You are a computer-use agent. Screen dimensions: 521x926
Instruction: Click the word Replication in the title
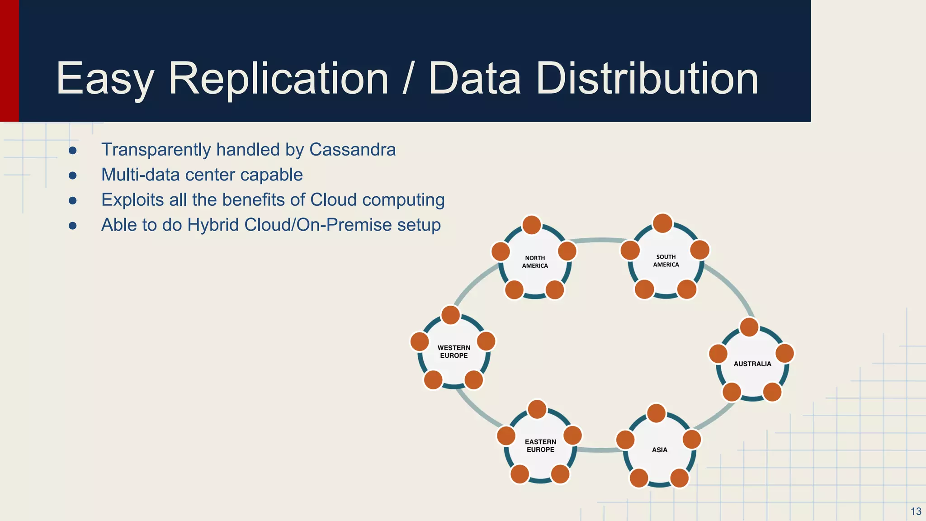pos(278,79)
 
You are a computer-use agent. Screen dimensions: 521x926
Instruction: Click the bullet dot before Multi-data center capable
pos(73,175)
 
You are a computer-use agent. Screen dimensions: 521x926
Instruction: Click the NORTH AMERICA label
pos(535,262)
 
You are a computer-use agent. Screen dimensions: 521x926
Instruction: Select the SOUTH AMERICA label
pos(666,260)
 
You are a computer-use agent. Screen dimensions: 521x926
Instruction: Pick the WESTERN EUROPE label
pos(454,351)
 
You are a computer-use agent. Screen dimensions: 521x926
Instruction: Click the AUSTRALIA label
pos(752,364)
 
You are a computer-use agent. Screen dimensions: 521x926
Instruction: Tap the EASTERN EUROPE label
pos(540,445)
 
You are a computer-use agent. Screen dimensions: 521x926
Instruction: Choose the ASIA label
pos(660,450)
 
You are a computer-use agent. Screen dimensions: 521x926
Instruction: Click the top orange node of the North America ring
pos(532,225)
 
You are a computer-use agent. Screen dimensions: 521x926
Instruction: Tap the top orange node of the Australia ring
pos(749,327)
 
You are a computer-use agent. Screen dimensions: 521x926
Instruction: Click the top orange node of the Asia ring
pos(656,413)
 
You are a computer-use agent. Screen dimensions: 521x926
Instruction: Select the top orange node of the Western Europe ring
pos(450,315)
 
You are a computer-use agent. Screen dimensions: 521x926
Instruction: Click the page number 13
pos(916,512)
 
